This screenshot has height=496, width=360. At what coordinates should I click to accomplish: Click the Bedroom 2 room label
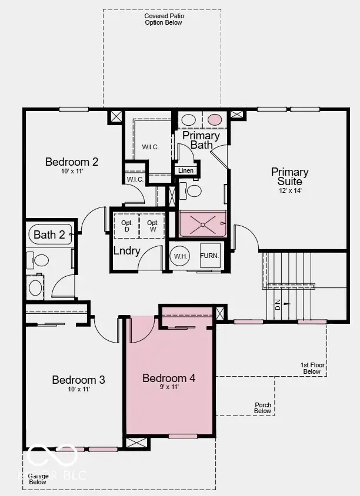click(72, 162)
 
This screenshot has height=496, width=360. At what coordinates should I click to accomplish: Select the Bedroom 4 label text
click(169, 378)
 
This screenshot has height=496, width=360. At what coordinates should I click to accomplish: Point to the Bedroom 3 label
click(78, 380)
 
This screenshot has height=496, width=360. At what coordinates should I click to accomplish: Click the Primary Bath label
click(201, 140)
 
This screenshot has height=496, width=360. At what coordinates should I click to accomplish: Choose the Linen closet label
click(186, 171)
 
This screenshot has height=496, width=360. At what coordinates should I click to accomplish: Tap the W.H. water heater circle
click(179, 256)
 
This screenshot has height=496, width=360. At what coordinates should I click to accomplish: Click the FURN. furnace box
click(210, 256)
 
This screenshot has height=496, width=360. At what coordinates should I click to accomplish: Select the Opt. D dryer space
click(126, 226)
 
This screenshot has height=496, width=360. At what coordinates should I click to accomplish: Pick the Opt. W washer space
click(153, 226)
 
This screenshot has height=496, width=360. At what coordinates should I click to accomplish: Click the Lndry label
click(127, 252)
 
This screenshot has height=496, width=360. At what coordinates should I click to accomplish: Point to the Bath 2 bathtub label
click(49, 235)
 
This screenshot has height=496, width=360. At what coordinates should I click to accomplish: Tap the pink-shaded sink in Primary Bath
click(215, 120)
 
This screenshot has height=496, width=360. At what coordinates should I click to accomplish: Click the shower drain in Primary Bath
click(203, 223)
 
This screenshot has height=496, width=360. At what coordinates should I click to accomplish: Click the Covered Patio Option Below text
click(163, 19)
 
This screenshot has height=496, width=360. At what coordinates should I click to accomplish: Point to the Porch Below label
click(263, 408)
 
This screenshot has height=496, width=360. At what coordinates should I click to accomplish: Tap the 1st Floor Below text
click(312, 368)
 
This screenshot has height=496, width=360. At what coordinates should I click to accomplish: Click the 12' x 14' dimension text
click(290, 190)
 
